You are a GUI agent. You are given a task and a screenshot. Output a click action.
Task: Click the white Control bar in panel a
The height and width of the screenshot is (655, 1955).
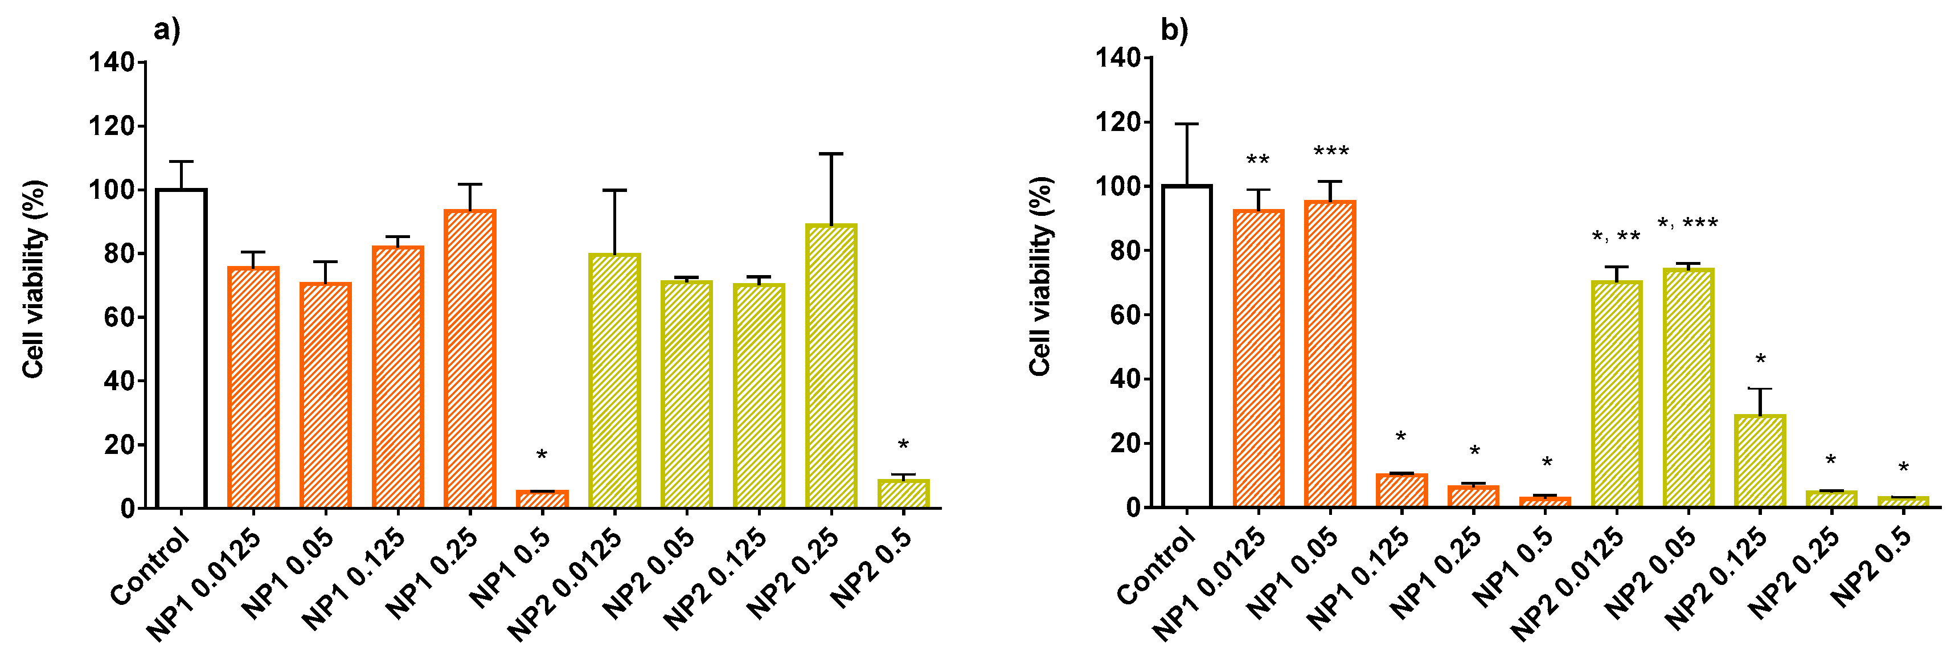click(x=182, y=349)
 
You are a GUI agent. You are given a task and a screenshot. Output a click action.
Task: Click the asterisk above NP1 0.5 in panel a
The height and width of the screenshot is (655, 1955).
click(x=542, y=456)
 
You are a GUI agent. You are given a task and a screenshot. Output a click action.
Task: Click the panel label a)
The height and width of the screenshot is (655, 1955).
click(x=167, y=31)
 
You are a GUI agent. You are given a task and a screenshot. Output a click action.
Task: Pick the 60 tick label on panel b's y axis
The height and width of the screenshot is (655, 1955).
click(x=1125, y=315)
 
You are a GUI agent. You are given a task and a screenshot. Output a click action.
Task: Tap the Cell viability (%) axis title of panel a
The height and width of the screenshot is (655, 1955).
click(x=34, y=279)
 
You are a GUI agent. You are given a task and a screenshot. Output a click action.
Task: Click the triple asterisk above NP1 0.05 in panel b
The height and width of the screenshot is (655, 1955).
click(x=1331, y=153)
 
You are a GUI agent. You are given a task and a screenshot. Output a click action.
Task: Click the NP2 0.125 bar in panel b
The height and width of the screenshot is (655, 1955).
click(x=1760, y=461)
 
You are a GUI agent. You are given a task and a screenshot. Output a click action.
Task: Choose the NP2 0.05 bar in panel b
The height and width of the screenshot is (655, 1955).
click(x=1688, y=388)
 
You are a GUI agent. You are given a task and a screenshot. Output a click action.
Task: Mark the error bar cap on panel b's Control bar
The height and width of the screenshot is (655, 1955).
click(x=1187, y=124)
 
